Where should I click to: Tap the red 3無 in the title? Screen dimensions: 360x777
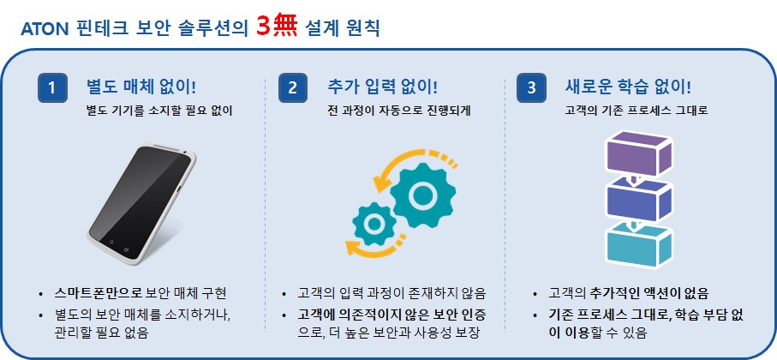coord(276,27)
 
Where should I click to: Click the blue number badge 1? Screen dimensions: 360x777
coord(51,88)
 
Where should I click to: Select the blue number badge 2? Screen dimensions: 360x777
coord(293,88)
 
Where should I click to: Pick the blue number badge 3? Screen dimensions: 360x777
coord(532,88)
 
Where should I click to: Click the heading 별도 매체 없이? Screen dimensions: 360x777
coord(141,87)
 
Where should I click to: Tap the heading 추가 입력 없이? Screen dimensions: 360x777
coord(382,87)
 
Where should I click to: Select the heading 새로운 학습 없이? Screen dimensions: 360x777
coord(627,87)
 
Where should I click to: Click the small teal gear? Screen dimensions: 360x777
coord(374,225)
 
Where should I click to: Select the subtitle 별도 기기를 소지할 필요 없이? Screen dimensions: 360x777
coord(159,111)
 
